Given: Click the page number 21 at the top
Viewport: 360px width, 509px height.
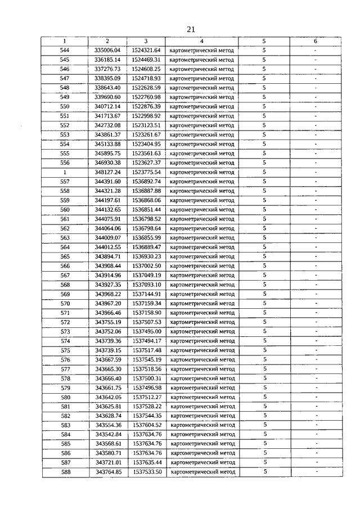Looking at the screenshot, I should point(190,30).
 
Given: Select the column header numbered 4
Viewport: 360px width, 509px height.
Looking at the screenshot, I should point(202,41).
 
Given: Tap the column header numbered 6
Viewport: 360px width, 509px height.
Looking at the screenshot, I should point(316,41).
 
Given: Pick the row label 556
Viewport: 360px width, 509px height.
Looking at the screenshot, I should point(65,163).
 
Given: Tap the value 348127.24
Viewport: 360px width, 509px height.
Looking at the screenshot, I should point(107,172).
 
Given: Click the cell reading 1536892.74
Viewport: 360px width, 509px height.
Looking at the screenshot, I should point(146,182).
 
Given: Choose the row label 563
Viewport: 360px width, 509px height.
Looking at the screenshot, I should point(65,238).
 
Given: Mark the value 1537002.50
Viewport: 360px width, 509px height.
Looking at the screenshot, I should point(146,266).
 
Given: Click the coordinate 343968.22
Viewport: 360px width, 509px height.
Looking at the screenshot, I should point(107,294).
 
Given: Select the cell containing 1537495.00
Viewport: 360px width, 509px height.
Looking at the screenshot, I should point(146,332).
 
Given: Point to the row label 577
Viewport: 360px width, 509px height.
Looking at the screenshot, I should point(65,369).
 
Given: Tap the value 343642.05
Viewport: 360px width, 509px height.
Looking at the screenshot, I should point(107,397).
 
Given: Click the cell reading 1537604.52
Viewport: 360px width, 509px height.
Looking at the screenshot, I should point(146,425).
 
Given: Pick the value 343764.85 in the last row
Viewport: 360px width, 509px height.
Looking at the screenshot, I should point(107,472).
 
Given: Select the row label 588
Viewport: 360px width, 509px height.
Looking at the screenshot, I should point(65,472).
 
